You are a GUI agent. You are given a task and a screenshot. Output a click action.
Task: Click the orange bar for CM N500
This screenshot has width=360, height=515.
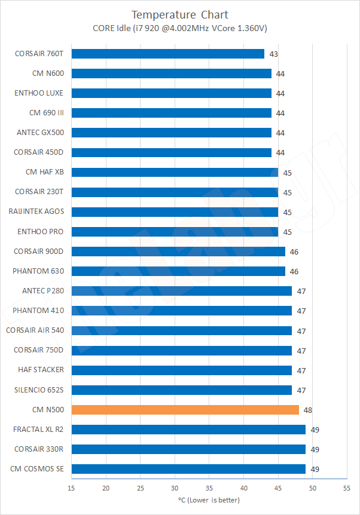[185, 410]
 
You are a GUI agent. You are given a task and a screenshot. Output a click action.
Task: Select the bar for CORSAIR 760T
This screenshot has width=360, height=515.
[167, 54]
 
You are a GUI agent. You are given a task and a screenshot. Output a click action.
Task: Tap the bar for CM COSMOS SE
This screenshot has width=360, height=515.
[188, 469]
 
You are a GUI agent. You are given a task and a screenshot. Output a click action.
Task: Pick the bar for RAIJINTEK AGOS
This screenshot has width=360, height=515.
[175, 211]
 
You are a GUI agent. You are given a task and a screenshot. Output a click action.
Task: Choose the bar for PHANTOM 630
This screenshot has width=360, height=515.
[178, 271]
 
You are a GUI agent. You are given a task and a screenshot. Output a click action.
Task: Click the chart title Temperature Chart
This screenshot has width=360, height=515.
[179, 14]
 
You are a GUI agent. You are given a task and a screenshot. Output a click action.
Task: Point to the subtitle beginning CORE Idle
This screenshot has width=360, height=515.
[179, 27]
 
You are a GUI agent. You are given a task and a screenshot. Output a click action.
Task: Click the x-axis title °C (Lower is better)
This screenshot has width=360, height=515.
[209, 500]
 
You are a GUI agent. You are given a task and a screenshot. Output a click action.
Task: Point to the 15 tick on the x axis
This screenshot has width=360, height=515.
[72, 488]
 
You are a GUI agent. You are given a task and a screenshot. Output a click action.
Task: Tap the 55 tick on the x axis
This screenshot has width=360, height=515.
[347, 488]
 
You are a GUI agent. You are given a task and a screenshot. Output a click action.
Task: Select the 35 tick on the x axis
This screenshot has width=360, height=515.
[209, 488]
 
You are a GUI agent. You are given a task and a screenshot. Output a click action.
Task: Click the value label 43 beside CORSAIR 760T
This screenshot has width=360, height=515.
[273, 54]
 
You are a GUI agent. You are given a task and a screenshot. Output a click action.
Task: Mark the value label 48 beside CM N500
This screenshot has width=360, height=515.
[308, 410]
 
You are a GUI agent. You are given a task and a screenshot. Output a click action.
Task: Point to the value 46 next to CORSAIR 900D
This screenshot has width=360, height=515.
[294, 252]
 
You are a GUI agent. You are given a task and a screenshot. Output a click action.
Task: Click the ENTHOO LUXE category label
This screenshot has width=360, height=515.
[39, 93]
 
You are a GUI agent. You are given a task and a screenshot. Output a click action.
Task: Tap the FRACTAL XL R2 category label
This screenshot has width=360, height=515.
[38, 429]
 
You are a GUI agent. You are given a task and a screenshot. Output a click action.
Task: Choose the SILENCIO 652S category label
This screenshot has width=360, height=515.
[38, 390]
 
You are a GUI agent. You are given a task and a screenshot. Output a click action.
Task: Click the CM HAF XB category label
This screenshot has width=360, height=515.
[44, 172]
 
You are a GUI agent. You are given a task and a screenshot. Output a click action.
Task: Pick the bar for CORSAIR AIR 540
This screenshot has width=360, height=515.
[181, 330]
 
